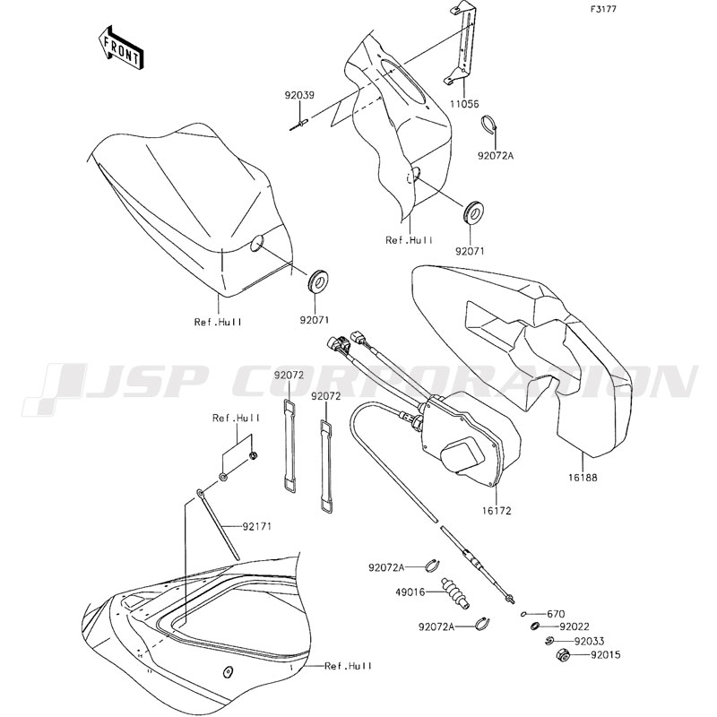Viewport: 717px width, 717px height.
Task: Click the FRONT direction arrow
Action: pos(120,47)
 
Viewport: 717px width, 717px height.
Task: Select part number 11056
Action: pos(464,104)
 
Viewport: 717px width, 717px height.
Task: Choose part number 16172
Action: pos(497,511)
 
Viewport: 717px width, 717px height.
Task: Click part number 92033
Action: pos(577,642)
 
